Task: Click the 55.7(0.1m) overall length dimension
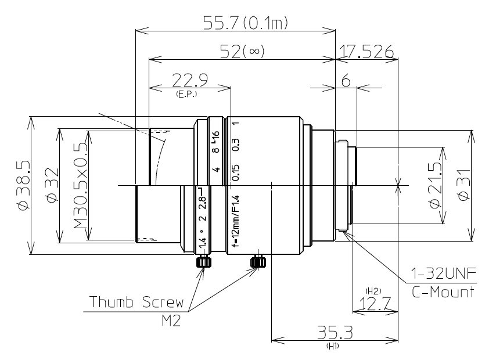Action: tap(246, 23)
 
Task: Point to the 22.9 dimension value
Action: tap(191, 80)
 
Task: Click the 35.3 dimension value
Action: tap(335, 332)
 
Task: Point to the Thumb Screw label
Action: tap(136, 302)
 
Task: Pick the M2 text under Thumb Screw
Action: tap(168, 319)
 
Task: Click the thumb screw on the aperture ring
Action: tap(203, 262)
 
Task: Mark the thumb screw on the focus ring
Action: tap(257, 262)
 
